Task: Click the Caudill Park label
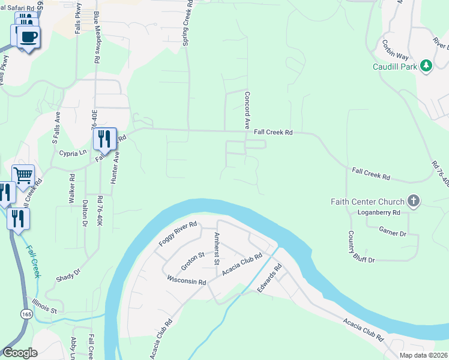pos(394,67)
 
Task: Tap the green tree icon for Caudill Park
pos(426,65)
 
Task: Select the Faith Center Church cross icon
pos(413,201)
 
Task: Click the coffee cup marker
pos(28,37)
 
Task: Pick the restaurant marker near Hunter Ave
pos(104,140)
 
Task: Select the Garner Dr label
pos(393,230)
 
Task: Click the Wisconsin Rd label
pos(186,280)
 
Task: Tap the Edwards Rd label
pos(270,280)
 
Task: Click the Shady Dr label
pos(68,275)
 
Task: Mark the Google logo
pos(20,353)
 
